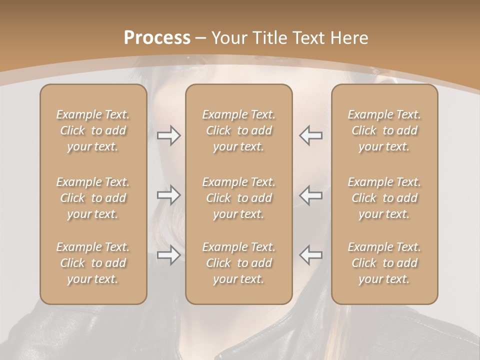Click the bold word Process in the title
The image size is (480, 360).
pyautogui.click(x=157, y=38)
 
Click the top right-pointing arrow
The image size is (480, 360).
pyautogui.click(x=168, y=135)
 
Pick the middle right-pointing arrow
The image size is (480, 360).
pyautogui.click(x=168, y=195)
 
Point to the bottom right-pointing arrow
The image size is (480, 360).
pyautogui.click(x=168, y=255)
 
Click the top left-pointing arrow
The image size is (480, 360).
pyautogui.click(x=311, y=135)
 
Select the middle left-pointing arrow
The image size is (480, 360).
pyautogui.click(x=311, y=195)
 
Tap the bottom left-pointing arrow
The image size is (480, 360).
pyautogui.click(x=311, y=255)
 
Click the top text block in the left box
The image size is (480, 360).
pyautogui.click(x=93, y=130)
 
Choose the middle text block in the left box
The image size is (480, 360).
pyautogui.click(x=93, y=198)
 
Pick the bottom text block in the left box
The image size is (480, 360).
pyautogui.click(x=93, y=263)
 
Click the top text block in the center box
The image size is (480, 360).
pyautogui.click(x=239, y=130)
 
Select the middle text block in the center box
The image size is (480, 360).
pyautogui.click(x=239, y=198)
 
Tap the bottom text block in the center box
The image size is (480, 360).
pyautogui.click(x=239, y=263)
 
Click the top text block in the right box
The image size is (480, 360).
pyautogui.click(x=384, y=130)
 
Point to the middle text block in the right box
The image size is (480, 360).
pyautogui.click(x=384, y=198)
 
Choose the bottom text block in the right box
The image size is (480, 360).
pyautogui.click(x=384, y=263)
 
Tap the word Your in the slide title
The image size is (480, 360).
pyautogui.click(x=228, y=38)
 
